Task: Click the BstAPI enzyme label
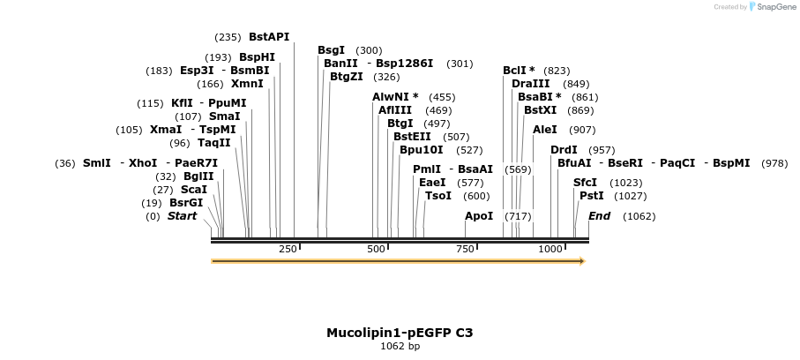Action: [x=269, y=37]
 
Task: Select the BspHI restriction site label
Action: [x=257, y=57]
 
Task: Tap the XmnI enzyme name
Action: [x=247, y=85]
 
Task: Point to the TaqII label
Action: [x=213, y=143]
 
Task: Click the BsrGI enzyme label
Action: [x=186, y=203]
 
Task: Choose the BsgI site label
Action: [x=332, y=50]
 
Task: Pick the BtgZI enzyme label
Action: [x=347, y=77]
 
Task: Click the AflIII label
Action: [x=395, y=110]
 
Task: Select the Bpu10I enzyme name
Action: [x=422, y=150]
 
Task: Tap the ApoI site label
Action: [x=479, y=216]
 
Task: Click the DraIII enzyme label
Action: [x=530, y=84]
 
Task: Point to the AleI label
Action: [x=545, y=130]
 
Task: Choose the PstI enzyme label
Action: [x=591, y=196]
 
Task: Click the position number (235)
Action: [x=228, y=37]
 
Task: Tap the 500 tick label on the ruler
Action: [x=377, y=250]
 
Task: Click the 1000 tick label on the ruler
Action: [x=550, y=250]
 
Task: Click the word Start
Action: [x=182, y=216]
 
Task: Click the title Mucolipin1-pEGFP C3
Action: [x=400, y=333]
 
